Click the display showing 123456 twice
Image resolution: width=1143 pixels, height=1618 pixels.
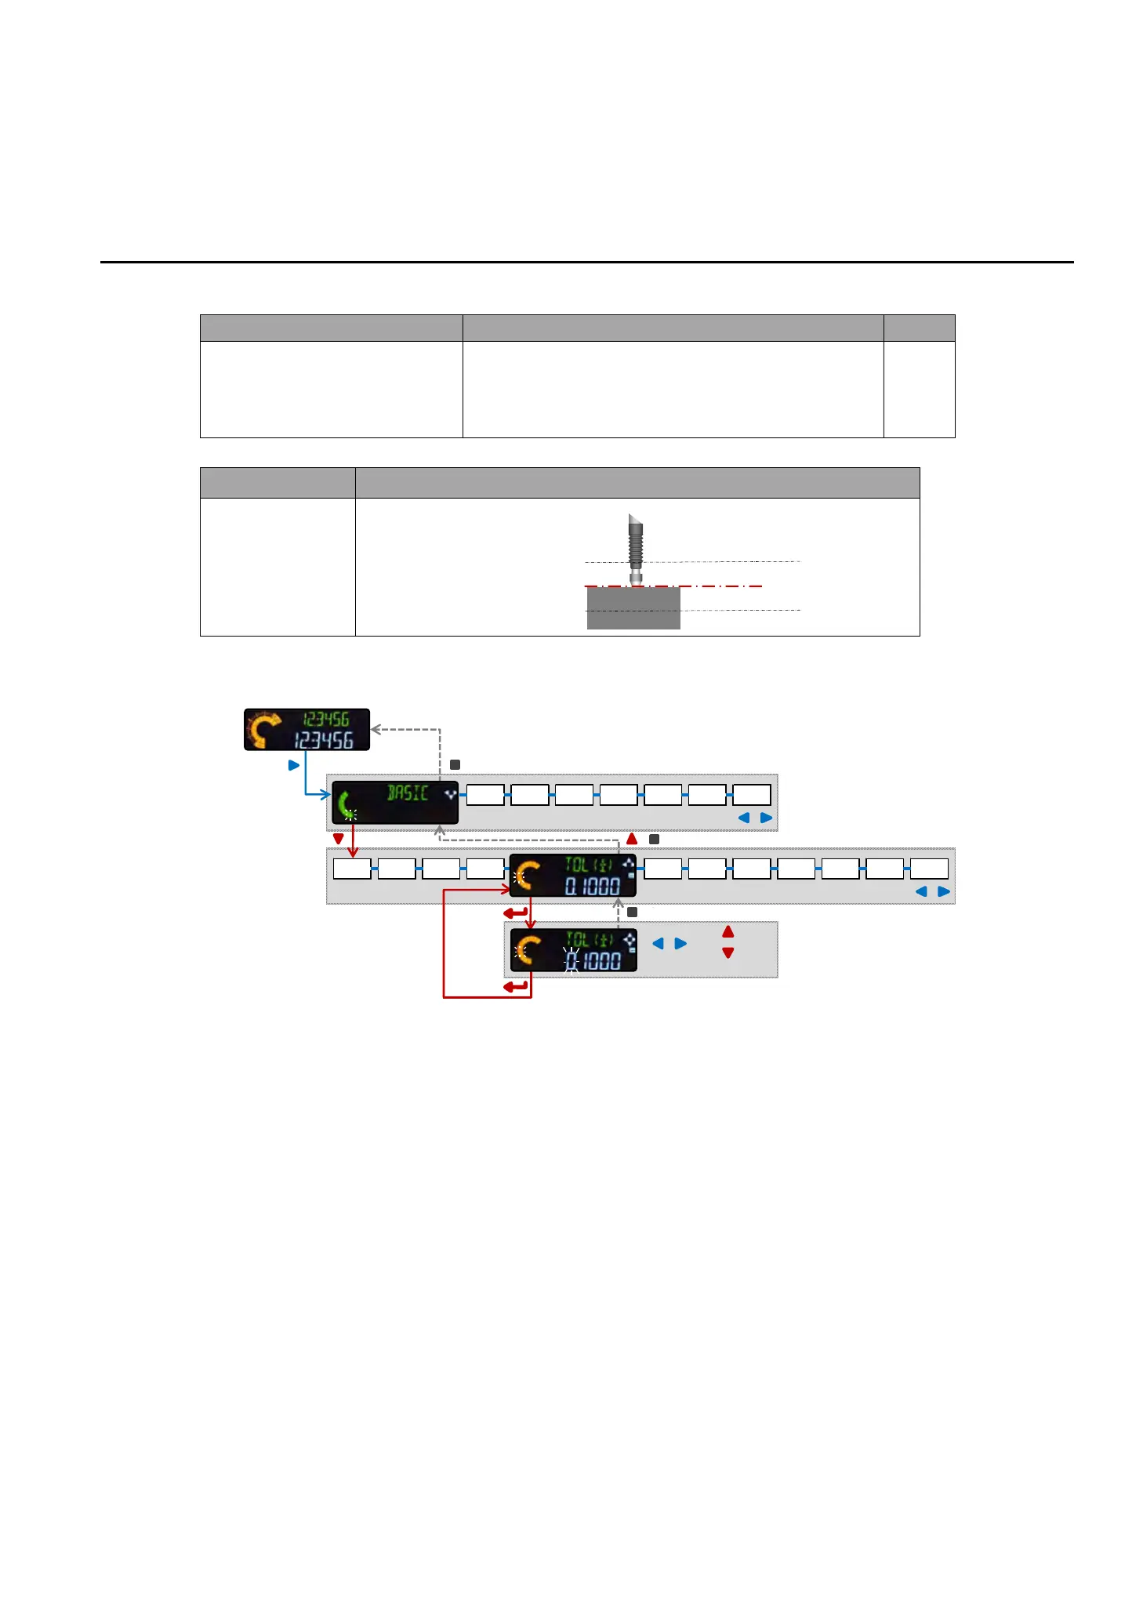(307, 729)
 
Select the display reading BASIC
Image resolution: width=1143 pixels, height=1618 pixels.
(395, 802)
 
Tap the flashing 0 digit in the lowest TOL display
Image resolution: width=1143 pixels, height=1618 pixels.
(571, 960)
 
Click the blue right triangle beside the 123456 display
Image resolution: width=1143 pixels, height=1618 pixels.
(294, 765)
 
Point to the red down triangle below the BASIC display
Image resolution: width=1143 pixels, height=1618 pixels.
(339, 839)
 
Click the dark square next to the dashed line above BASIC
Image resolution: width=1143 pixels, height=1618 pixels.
(455, 764)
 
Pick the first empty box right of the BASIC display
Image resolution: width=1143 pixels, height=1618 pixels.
(485, 795)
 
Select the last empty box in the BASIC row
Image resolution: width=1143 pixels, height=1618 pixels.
(751, 795)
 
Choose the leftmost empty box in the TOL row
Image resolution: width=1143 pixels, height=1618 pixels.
(352, 869)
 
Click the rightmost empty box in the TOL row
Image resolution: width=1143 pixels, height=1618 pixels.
(929, 869)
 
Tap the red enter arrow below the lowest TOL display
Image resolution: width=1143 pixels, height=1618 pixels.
(516, 987)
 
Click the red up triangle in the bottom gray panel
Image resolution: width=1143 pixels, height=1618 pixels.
(728, 932)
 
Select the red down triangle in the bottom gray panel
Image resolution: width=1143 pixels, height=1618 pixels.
(728, 953)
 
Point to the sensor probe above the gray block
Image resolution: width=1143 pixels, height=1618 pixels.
(635, 546)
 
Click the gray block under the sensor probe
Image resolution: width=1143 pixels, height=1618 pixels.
(633, 609)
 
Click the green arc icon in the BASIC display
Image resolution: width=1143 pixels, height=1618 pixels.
(345, 804)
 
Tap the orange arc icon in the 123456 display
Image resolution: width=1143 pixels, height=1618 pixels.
(264, 729)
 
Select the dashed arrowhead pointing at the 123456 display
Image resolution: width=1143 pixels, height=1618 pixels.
(376, 729)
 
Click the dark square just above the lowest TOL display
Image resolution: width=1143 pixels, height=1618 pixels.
(633, 912)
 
